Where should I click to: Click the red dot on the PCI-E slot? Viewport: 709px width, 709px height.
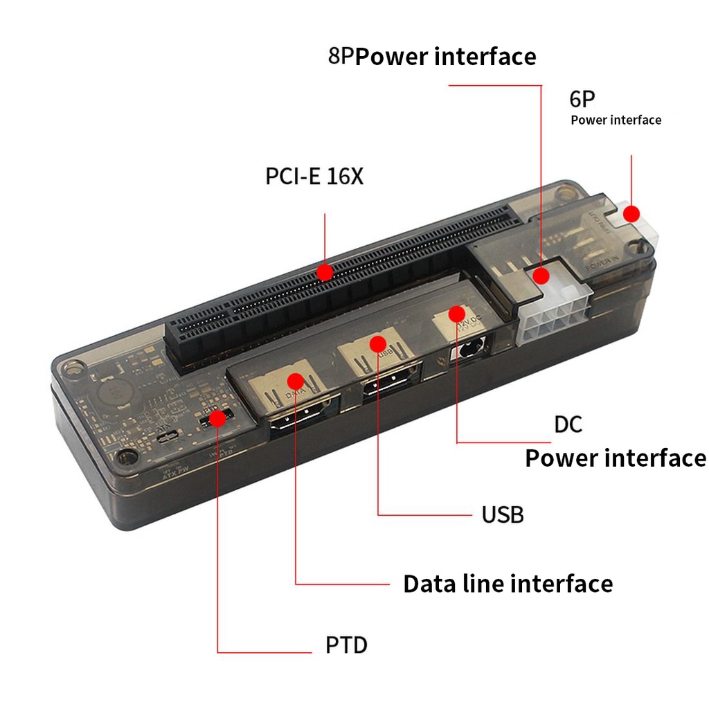click(325, 272)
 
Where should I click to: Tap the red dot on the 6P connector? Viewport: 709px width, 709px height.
click(631, 214)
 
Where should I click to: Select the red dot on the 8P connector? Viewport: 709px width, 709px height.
click(541, 276)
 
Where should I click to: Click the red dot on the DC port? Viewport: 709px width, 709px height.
click(456, 314)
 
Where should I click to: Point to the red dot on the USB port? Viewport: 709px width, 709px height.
click(377, 343)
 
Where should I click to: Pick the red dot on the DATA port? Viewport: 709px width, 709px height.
click(296, 380)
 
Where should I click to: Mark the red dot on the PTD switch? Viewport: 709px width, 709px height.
click(217, 418)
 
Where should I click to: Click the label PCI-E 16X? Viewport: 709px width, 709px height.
click(314, 177)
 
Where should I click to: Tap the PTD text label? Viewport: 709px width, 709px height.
click(346, 645)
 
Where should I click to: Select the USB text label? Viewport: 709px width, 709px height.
click(502, 514)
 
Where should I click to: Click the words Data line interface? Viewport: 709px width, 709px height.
click(508, 584)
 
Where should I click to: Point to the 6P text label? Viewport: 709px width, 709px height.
click(582, 99)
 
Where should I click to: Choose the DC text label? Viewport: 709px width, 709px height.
click(568, 424)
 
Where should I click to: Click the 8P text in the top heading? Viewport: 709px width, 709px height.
click(341, 56)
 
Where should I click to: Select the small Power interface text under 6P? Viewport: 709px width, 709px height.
click(616, 120)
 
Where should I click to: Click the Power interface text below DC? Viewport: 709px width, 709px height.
click(615, 458)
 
